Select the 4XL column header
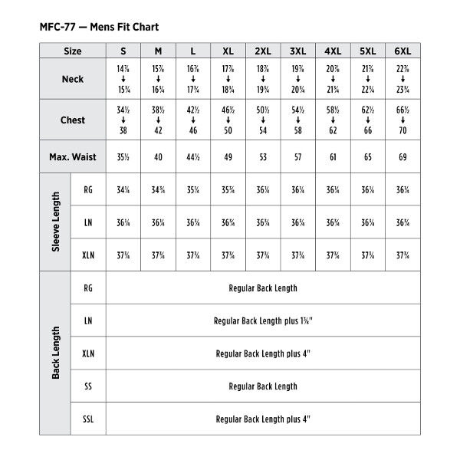(333, 51)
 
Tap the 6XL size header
(402, 51)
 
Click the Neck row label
(72, 79)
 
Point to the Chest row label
(72, 120)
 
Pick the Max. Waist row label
(72, 157)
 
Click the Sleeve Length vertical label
(56, 222)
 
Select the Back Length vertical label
(56, 353)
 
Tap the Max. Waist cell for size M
(158, 157)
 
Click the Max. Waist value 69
(402, 157)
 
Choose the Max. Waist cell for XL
(228, 157)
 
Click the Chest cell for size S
(123, 120)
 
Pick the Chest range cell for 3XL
(297, 120)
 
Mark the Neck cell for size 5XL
(367, 79)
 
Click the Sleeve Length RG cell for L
(193, 190)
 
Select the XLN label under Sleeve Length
(88, 255)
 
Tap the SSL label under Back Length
(88, 419)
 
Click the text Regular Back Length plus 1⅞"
(263, 320)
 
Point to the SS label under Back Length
(88, 386)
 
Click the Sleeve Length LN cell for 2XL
(263, 223)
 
